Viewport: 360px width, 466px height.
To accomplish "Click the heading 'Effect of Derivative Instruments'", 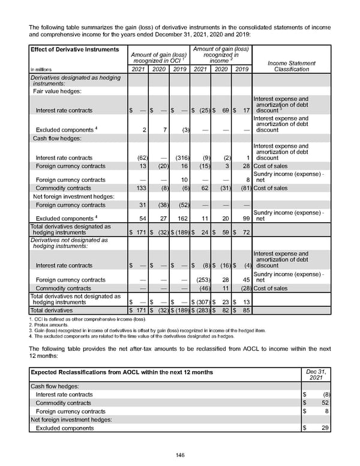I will pos(67,49).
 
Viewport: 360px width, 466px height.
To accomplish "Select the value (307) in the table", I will pos(201,301).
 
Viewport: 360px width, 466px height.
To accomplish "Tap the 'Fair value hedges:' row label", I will pos(58,91).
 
